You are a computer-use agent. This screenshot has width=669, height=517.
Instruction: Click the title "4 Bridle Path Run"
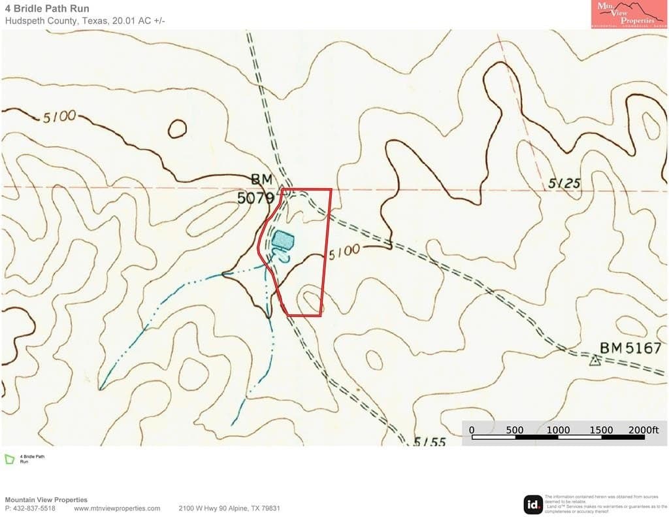click(x=47, y=8)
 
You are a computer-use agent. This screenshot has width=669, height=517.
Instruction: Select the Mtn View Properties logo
click(x=628, y=14)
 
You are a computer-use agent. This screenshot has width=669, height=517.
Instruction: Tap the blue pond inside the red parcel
click(x=284, y=240)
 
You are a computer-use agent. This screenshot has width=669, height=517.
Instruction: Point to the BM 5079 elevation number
click(x=255, y=197)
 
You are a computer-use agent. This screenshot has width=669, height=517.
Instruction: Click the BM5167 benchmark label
click(x=630, y=348)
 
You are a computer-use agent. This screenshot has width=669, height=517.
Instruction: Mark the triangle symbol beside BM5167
click(x=595, y=361)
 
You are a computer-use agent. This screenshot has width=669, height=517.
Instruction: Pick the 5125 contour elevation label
click(x=564, y=184)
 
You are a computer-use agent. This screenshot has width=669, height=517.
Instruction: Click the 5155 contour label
click(x=430, y=442)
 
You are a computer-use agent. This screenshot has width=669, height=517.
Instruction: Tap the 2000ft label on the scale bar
click(x=644, y=429)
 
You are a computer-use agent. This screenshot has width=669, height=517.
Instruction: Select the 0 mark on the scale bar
click(x=472, y=429)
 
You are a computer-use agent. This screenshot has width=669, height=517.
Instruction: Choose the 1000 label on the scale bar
click(x=558, y=429)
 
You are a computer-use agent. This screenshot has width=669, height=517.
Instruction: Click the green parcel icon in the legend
click(x=10, y=459)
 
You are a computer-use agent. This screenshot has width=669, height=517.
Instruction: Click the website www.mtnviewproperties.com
click(x=117, y=508)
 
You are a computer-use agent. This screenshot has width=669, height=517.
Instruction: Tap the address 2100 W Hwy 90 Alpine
click(x=229, y=508)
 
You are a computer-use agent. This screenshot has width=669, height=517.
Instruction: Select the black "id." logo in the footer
click(x=533, y=505)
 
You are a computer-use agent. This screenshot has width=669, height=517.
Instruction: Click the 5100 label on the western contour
click(x=60, y=118)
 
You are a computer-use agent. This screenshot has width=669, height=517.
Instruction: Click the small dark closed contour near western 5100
click(x=177, y=129)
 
